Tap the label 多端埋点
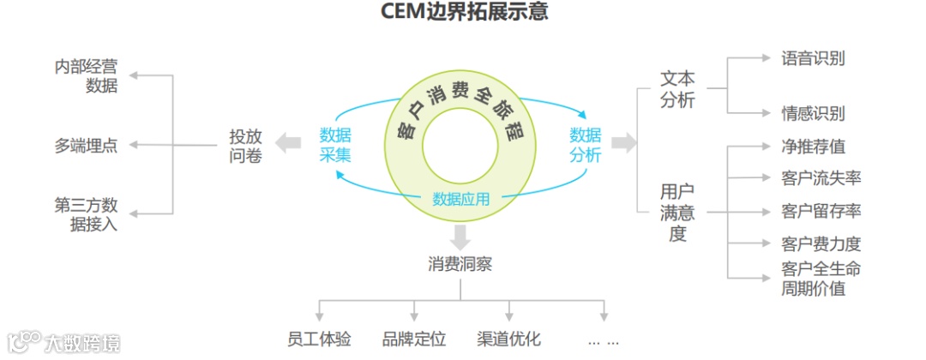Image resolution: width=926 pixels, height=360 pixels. coord(86,146)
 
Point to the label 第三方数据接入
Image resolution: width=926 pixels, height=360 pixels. coord(86,214)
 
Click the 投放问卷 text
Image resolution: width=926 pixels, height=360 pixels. coord(245,146)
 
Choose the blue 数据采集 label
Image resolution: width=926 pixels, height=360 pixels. coord(335,145)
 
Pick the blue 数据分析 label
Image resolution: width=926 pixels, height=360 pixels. coord(586,145)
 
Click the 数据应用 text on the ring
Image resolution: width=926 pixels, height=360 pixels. coord(461,200)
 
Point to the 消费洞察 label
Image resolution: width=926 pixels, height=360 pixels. coord(461,264)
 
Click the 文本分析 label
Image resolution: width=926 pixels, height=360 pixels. coord(678,89)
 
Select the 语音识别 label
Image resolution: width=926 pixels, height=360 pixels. coord(813,58)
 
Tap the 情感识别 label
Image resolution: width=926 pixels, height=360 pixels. coord(813,113)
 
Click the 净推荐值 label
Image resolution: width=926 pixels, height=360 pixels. coord(813,147)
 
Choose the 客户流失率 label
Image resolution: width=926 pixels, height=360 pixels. coord(821,178)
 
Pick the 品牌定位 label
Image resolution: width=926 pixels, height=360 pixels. coord(414,339)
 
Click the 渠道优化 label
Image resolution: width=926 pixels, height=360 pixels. coord(508,339)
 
